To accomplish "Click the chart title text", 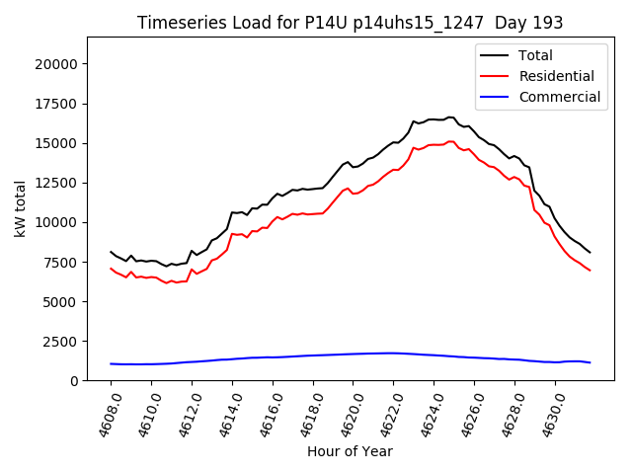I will (350, 22).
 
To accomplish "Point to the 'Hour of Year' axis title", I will (350, 451).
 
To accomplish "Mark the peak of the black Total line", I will (450, 118).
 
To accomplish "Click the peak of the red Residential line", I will (450, 141).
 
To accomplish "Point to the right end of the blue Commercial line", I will (590, 362).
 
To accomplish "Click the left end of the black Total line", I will (111, 252).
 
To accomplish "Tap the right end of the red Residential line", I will (590, 271).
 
